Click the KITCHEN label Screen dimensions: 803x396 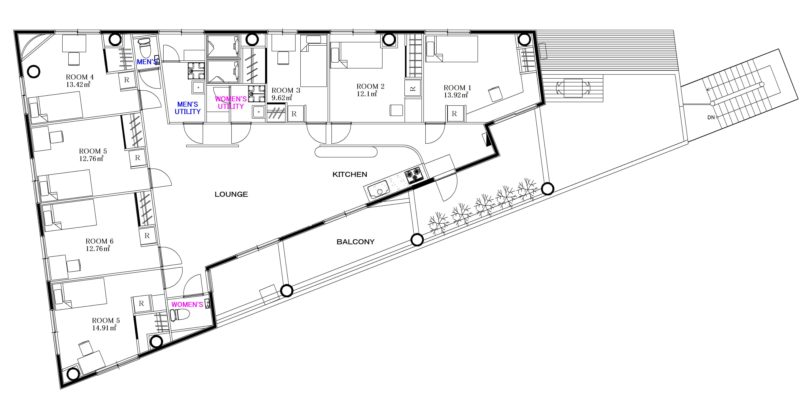coord(350,175)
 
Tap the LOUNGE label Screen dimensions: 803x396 coord(231,194)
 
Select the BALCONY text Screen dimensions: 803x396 coord(355,242)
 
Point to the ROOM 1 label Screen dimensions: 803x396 coord(457,88)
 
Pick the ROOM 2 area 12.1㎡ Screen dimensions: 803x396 coord(367,94)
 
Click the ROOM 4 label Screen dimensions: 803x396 coord(80,77)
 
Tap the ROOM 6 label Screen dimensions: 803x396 coord(99,241)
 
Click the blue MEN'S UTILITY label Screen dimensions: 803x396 coord(188,108)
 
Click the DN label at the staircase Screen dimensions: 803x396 coord(711,117)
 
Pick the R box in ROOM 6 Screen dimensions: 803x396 coord(147,236)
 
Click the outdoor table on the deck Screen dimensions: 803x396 coord(573,88)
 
